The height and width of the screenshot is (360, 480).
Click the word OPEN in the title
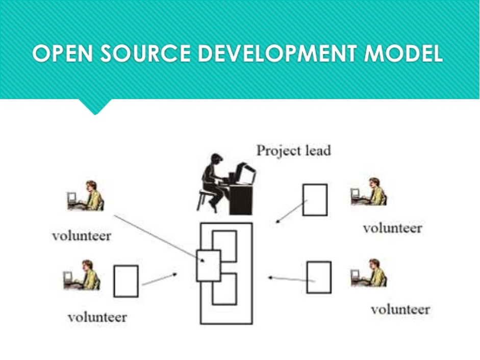click(x=62, y=54)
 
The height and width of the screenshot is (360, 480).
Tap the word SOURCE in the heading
click(x=145, y=54)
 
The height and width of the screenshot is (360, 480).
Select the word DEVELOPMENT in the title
click(x=277, y=54)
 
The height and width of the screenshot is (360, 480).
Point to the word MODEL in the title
click(x=403, y=54)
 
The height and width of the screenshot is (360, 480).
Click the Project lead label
click(x=294, y=150)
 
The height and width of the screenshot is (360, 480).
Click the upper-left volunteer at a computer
click(x=85, y=196)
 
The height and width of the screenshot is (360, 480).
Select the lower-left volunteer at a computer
click(x=82, y=275)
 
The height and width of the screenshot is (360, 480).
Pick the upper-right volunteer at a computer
click(x=369, y=192)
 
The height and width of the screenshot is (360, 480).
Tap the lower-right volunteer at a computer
click(x=369, y=273)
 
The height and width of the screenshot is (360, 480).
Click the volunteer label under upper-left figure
click(x=82, y=236)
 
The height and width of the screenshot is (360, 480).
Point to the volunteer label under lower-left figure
click(x=97, y=317)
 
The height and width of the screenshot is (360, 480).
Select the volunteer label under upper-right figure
click(x=392, y=228)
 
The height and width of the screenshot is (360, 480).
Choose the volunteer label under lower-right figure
click(x=400, y=310)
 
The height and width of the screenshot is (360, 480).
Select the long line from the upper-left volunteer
click(x=159, y=239)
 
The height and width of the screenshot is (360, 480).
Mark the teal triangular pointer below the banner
click(x=95, y=107)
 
